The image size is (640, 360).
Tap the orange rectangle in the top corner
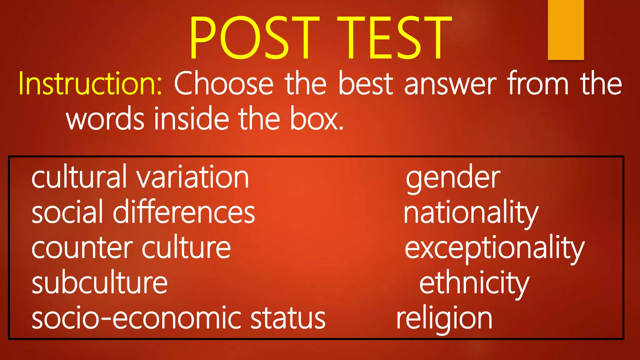click(x=566, y=30)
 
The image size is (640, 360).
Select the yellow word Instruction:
click(x=90, y=84)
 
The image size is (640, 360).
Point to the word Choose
click(x=223, y=84)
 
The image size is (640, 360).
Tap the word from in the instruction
click(x=538, y=84)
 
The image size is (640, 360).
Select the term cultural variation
click(x=140, y=177)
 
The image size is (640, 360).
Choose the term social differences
click(x=143, y=212)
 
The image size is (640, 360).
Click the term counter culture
click(x=131, y=248)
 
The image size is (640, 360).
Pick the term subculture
click(x=100, y=283)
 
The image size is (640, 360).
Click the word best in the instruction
click(x=366, y=84)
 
